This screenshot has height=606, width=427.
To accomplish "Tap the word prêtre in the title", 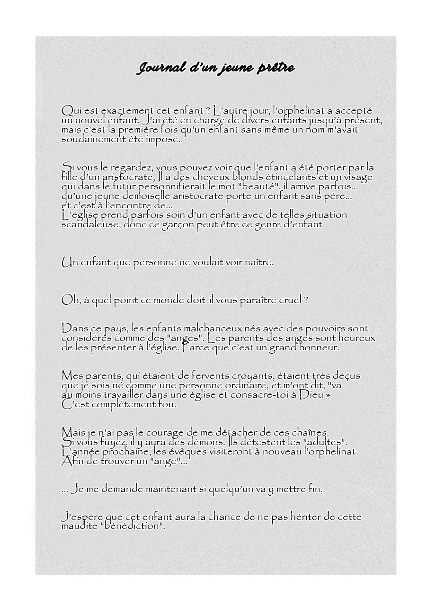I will (276, 69).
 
